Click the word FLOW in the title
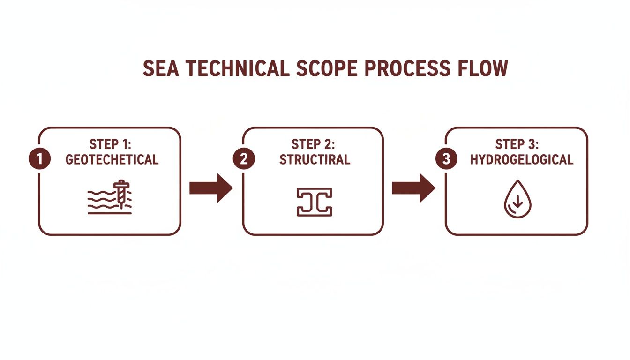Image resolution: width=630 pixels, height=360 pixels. [485, 69]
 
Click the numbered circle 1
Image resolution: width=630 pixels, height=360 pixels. [39, 159]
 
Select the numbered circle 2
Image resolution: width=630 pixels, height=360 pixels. [244, 159]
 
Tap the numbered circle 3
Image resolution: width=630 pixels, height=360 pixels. [446, 159]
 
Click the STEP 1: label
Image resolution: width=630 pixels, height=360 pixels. [112, 143]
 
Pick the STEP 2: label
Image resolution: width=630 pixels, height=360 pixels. [315, 143]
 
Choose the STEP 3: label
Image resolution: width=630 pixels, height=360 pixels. [518, 143]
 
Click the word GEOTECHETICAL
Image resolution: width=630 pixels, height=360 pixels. [112, 159]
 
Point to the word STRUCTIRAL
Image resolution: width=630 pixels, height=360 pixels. [315, 159]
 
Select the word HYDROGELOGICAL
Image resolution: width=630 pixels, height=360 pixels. [521, 159]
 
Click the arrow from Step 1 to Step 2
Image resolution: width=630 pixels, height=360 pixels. [211, 188]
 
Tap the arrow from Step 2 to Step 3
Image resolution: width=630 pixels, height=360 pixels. [413, 188]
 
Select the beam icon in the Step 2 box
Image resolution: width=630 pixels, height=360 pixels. [314, 202]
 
